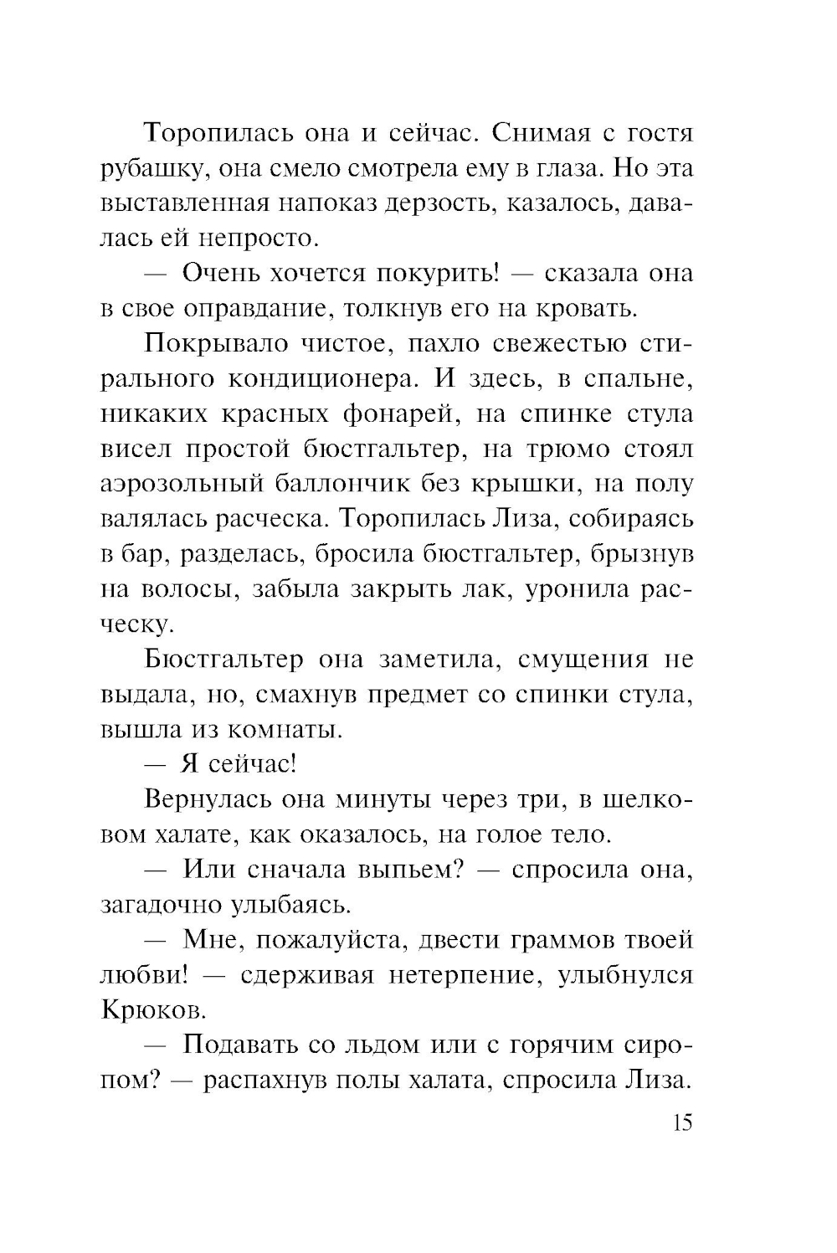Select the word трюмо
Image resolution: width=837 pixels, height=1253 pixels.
570,449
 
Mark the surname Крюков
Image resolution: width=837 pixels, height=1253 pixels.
152,1010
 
